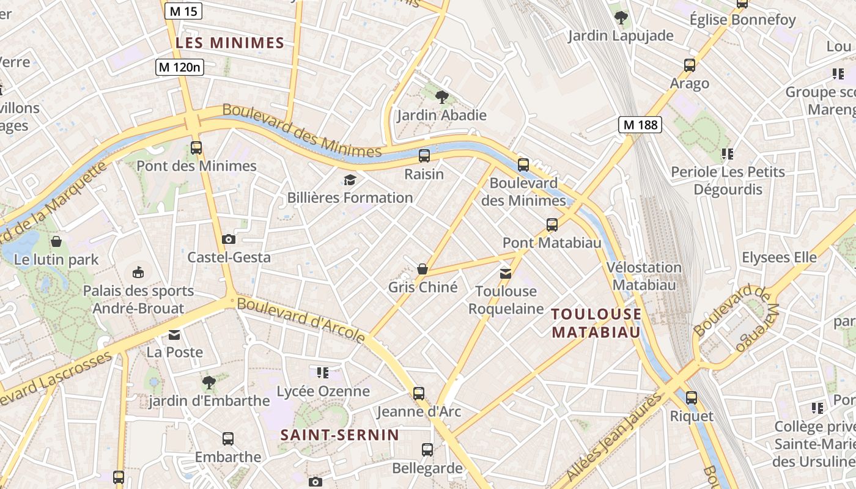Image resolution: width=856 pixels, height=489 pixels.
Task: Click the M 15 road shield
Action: pyautogui.click(x=183, y=10)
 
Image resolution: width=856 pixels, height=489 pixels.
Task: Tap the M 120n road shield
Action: pyautogui.click(x=179, y=67)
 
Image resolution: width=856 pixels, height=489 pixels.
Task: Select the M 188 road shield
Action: pyautogui.click(x=640, y=125)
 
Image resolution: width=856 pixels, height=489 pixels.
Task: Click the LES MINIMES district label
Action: pyautogui.click(x=230, y=43)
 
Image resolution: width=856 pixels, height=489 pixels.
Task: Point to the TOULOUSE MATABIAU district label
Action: pyautogui.click(x=596, y=323)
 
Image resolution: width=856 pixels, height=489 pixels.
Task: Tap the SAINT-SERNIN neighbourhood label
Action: pyautogui.click(x=339, y=435)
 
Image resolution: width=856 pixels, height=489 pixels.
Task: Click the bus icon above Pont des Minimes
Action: pyautogui.click(x=196, y=148)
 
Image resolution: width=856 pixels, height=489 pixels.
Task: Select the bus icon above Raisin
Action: pyautogui.click(x=424, y=156)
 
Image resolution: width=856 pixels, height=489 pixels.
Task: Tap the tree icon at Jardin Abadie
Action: pyautogui.click(x=441, y=97)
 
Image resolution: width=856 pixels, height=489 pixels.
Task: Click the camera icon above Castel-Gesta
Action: pyautogui.click(x=229, y=239)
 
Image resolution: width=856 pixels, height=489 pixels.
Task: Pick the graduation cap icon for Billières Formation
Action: pyautogui.click(x=350, y=180)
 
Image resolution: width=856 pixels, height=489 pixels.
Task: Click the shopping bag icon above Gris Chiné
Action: pyautogui.click(x=422, y=269)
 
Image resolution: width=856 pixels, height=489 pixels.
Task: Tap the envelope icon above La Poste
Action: pyautogui.click(x=174, y=334)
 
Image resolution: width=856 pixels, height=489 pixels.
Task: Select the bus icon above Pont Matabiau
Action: pyautogui.click(x=552, y=225)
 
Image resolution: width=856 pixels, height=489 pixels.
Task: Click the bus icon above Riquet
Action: pyautogui.click(x=692, y=398)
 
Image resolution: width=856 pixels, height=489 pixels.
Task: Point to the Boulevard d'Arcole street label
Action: pyautogui.click(x=301, y=320)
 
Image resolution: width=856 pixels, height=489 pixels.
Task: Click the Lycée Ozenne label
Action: pyautogui.click(x=323, y=391)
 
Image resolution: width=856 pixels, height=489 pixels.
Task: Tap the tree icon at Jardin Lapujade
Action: pyautogui.click(x=621, y=18)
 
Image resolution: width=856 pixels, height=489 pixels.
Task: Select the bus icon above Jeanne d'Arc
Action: pyautogui.click(x=419, y=393)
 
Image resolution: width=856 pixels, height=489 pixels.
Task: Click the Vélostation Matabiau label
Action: pyautogui.click(x=644, y=276)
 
